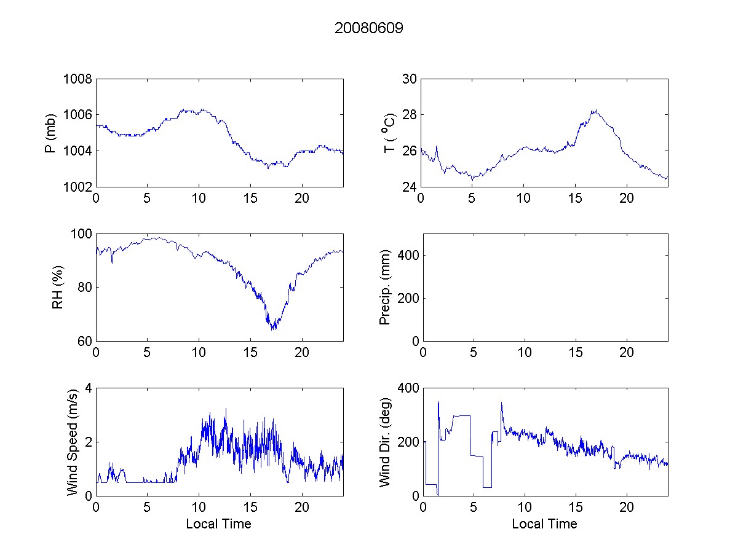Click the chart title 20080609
[x=369, y=28]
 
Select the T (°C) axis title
[x=389, y=133]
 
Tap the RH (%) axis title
[x=58, y=288]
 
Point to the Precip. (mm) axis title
[x=385, y=288]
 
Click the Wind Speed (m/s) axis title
[x=73, y=442]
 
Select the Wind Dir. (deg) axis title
[x=385, y=442]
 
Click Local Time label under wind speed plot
[x=218, y=524]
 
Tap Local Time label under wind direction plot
[x=544, y=524]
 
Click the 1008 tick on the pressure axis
[x=77, y=79]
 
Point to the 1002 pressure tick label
[x=77, y=187]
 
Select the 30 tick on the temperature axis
[x=410, y=79]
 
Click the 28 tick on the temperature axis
[x=410, y=115]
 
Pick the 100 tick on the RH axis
[x=81, y=234]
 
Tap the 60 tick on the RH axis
[x=84, y=341]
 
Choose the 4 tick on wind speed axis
[x=88, y=388]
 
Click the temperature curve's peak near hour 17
[x=594, y=111]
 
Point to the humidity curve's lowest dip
[x=273, y=329]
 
